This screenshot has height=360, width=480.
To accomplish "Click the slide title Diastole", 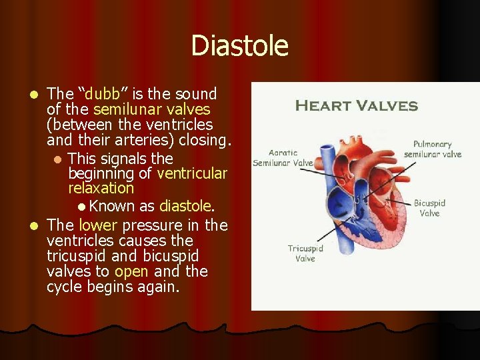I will [x=239, y=46].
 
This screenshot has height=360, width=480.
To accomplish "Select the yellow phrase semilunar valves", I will [x=151, y=109].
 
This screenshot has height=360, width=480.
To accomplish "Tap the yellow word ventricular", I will [x=192, y=174].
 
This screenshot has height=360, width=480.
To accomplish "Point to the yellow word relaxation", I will [x=101, y=189].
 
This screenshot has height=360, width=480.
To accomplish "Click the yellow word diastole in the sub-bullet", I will [x=185, y=206].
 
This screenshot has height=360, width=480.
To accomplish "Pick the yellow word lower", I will [x=97, y=225].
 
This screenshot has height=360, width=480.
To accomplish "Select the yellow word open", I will [x=127, y=271].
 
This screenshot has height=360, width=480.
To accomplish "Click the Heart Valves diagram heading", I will [x=356, y=106].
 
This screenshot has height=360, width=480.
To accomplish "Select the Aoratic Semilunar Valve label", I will [x=283, y=157].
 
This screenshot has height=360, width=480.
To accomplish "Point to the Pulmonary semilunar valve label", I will [x=432, y=149].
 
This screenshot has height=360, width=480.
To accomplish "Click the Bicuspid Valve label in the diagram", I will [x=429, y=208].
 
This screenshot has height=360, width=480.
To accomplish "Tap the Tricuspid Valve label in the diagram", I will [x=305, y=253].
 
